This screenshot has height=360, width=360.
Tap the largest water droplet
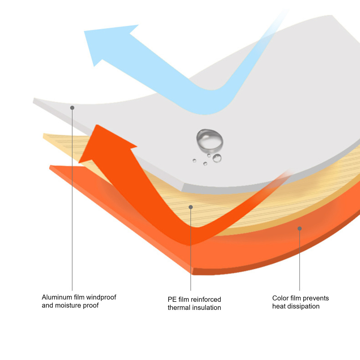coord(210,140)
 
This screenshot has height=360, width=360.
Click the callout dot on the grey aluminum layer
coord(72,108)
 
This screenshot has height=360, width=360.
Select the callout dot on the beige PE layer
coord(190,207)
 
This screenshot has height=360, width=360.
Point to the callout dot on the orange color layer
coord(299,229)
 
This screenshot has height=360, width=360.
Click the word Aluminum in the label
coord(56,297)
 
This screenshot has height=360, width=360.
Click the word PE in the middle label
coord(172,299)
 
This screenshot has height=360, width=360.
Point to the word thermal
coord(179,307)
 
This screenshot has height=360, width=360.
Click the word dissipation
coord(303,307)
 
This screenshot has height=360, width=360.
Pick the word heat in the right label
coord(279,306)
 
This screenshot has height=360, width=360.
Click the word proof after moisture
coord(91,306)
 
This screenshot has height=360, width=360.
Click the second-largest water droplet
coord(217,158)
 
